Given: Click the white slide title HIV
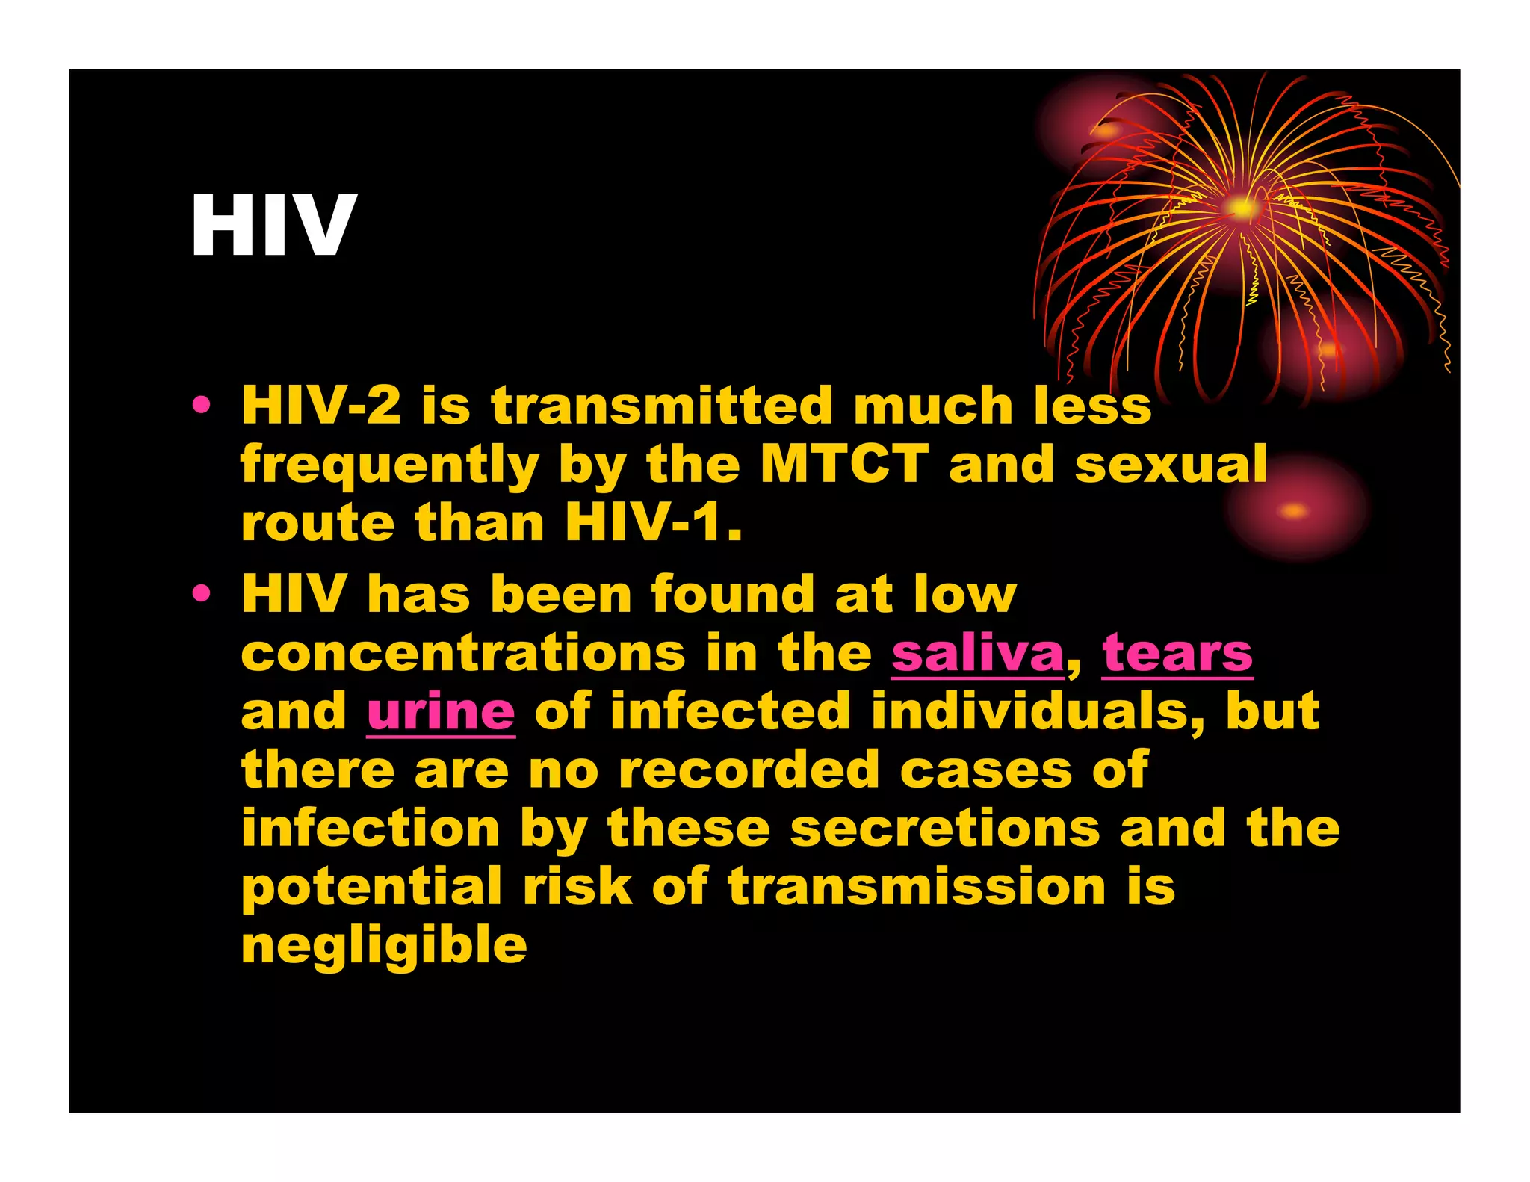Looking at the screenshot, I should pyautogui.click(x=273, y=225).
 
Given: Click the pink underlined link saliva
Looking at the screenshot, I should pyautogui.click(x=977, y=654).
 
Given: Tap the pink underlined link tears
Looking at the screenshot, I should pyautogui.click(x=1177, y=654).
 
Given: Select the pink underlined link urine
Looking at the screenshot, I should pyautogui.click(x=441, y=712).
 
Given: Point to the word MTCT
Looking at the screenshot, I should pyautogui.click(x=844, y=465).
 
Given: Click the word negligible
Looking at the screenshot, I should pyautogui.click(x=384, y=946).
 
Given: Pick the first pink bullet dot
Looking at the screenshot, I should pyautogui.click(x=201, y=405).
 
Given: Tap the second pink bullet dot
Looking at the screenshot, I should pyautogui.click(x=201, y=594).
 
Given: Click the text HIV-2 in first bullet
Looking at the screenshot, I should pyautogui.click(x=320, y=406).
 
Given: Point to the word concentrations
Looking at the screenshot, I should pyautogui.click(x=463, y=654).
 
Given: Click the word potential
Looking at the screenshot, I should pyautogui.click(x=371, y=888).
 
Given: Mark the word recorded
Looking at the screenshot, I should pyautogui.click(x=749, y=770).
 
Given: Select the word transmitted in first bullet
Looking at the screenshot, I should pyautogui.click(x=662, y=406).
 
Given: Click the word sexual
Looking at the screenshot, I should pyautogui.click(x=1170, y=465).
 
